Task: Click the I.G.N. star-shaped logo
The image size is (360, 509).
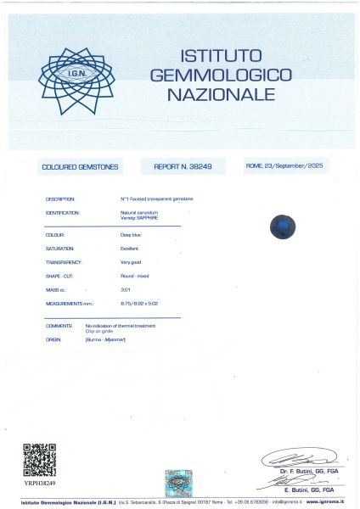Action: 76,81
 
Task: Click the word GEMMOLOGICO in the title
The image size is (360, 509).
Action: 221,75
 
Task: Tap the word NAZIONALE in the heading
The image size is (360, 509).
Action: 221,94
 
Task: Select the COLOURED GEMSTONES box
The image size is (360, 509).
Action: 82,167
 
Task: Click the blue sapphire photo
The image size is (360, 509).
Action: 282,227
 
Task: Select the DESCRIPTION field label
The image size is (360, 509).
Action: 61,199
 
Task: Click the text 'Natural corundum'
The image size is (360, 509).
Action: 138,212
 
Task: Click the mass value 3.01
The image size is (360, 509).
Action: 126,290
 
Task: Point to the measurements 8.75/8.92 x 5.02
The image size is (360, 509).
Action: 140,303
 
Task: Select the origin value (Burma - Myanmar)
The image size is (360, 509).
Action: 105,339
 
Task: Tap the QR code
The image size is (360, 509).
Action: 39,460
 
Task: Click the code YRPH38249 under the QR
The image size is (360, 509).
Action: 39,483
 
